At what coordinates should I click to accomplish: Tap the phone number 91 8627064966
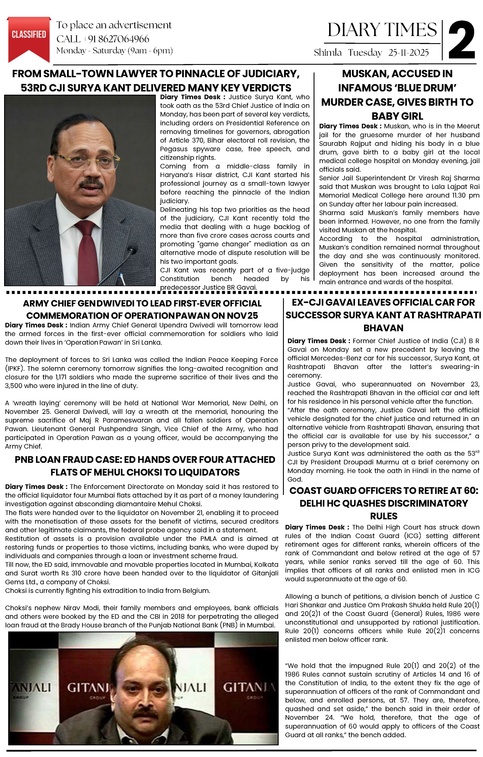pyautogui.click(x=119, y=39)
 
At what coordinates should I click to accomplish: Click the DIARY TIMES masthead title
pyautogui.click(x=382, y=30)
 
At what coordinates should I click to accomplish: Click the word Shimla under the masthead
pyautogui.click(x=327, y=52)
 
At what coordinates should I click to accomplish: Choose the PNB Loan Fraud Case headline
pyautogui.click(x=145, y=466)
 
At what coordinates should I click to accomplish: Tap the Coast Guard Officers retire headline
pyautogui.click(x=383, y=503)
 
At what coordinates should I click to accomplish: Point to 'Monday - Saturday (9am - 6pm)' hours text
pyautogui.click(x=114, y=51)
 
